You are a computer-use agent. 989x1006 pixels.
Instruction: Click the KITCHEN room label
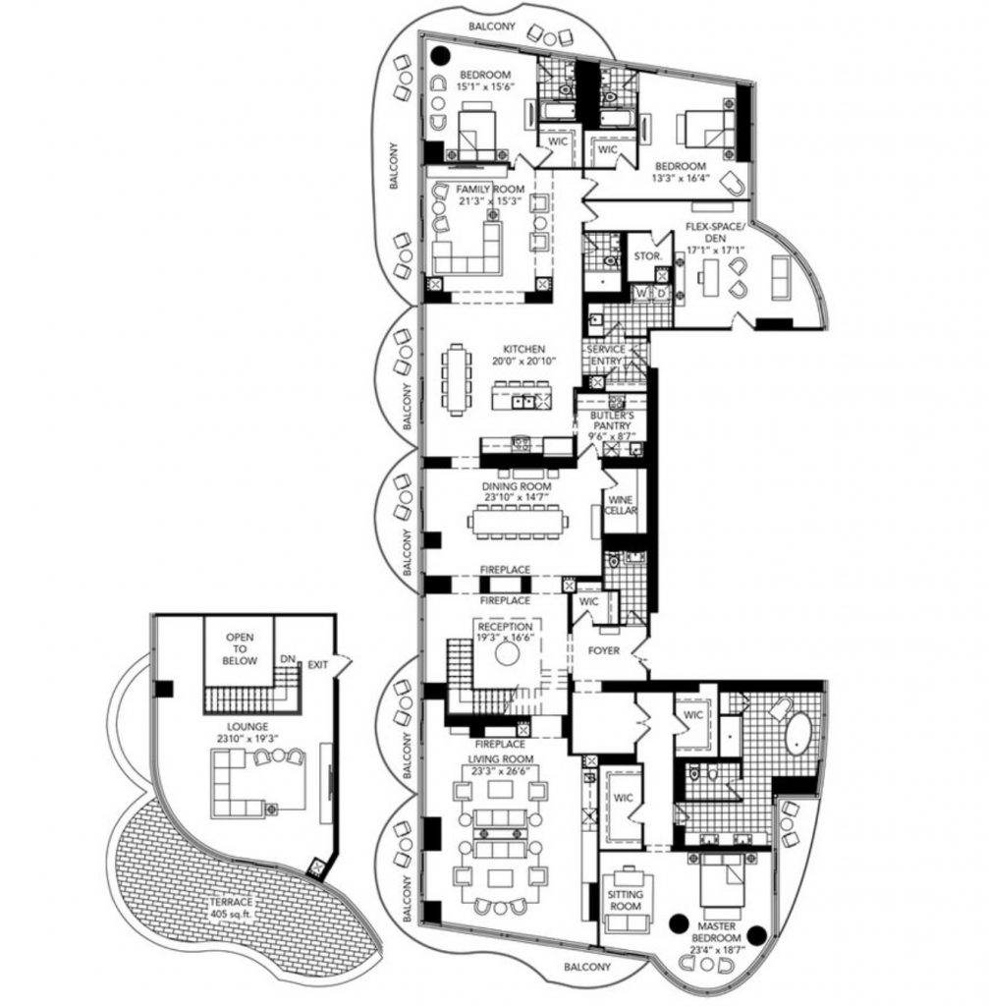point(524,349)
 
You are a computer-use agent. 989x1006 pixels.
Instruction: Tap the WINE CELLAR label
point(621,505)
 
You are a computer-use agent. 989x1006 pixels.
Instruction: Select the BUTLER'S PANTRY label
point(612,420)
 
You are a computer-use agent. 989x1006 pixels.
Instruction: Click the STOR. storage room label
point(648,255)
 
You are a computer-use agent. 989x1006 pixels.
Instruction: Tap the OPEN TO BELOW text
point(240,648)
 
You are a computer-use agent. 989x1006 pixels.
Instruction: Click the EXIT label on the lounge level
point(318,665)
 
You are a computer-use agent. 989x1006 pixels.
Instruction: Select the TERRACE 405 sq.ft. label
point(232,907)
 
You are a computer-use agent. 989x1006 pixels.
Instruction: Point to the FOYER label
point(604,650)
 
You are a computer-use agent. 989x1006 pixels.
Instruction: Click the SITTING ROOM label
point(626,900)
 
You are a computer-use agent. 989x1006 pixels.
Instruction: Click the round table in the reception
point(508,654)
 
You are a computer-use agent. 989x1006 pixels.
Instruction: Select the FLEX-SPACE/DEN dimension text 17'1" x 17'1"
point(715,250)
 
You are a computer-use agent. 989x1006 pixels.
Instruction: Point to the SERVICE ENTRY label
point(606,355)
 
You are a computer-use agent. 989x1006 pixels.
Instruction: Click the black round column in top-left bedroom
point(440,56)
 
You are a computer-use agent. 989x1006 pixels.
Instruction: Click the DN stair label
point(288,659)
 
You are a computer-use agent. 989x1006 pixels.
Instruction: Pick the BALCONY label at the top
point(492,27)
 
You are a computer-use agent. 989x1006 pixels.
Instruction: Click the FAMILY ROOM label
point(490,190)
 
